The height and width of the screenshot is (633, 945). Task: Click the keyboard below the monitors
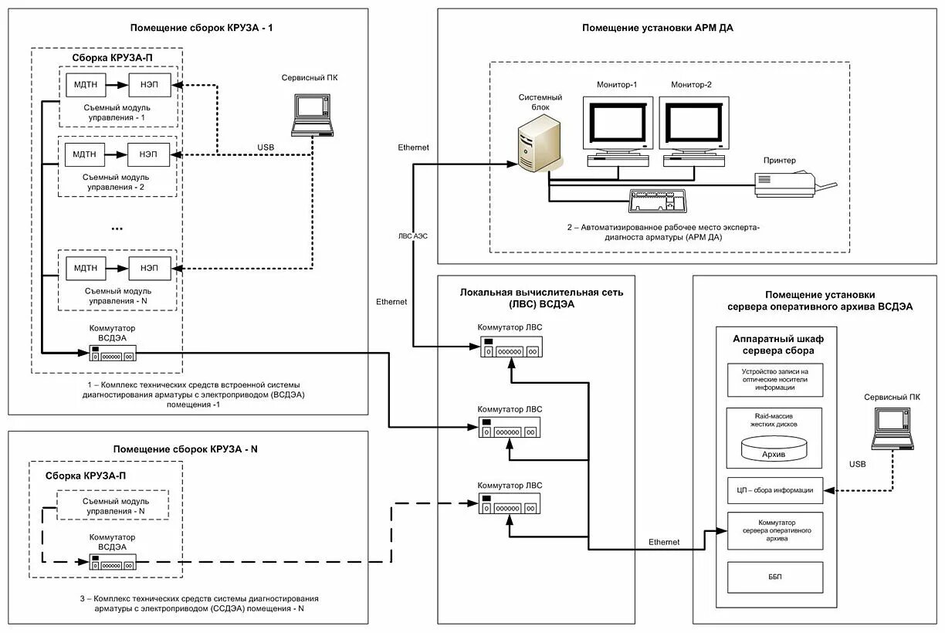coord(659,201)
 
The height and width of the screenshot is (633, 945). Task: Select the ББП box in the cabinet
coord(775,577)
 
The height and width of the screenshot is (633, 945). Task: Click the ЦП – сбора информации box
coord(775,489)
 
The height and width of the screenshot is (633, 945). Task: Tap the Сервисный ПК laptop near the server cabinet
coord(894,428)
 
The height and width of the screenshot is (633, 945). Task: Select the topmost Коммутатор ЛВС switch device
coord(510,349)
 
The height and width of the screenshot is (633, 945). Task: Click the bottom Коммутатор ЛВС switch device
coord(510,506)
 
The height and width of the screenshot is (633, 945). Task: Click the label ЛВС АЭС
coord(412,236)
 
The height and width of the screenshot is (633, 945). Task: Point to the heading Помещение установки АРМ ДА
coord(657,28)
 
